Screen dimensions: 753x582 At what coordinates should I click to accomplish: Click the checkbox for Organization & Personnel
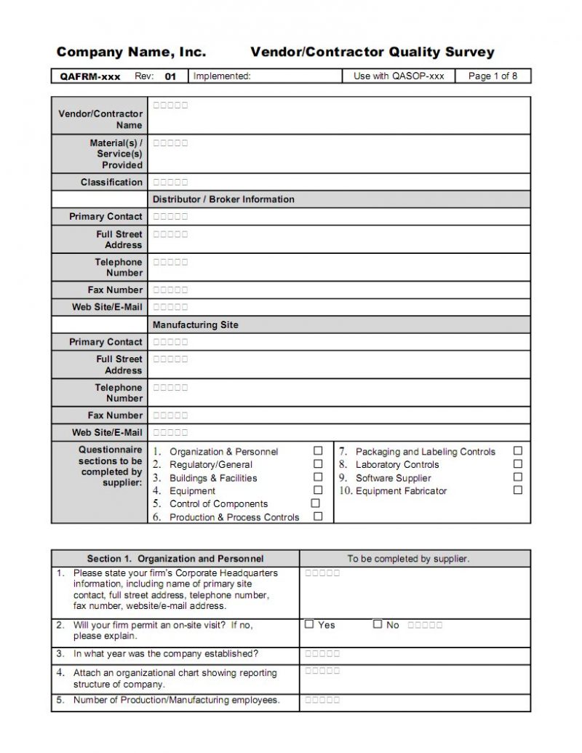coord(318,451)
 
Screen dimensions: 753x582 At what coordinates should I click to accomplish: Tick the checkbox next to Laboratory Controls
coord(518,464)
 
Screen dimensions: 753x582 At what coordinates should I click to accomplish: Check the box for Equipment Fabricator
coord(518,490)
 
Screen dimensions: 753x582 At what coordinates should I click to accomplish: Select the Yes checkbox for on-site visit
coord(309,624)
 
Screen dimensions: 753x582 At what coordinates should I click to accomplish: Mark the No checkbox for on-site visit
coord(378,624)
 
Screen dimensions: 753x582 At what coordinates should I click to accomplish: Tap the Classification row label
coord(111,182)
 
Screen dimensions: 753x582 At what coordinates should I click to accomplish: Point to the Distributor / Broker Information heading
coord(223,199)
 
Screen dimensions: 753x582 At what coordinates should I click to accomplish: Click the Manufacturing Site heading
coord(195,324)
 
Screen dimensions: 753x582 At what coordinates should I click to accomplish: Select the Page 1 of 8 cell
coord(493,76)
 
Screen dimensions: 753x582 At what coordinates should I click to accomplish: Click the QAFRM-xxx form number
coord(90,76)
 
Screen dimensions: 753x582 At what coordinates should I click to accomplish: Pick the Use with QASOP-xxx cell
coord(398,76)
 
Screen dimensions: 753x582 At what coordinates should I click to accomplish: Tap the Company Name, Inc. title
coord(131,52)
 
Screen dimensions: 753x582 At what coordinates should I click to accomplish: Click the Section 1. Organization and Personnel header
coord(175,559)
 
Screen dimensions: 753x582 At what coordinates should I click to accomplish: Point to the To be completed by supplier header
coord(408,559)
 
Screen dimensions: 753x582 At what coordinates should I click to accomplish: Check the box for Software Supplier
coord(518,477)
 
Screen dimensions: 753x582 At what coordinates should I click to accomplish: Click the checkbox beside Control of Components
coord(316,503)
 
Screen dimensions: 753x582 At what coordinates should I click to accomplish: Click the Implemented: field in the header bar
coord(222,76)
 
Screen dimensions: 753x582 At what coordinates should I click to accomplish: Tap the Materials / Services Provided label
coord(116,154)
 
